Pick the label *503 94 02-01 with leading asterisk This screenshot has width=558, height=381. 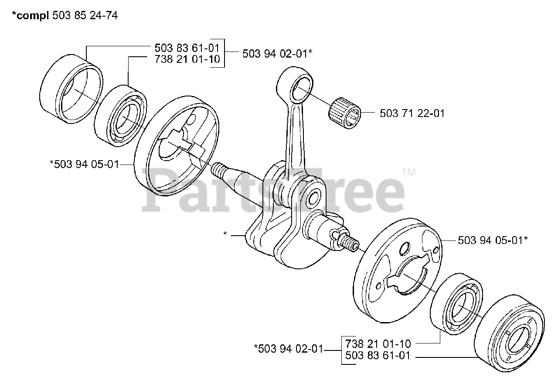(288, 349)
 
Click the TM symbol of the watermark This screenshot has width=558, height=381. (409, 172)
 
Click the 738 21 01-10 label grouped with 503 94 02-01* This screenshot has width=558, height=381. (187, 59)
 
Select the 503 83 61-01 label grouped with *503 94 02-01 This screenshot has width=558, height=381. (378, 356)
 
